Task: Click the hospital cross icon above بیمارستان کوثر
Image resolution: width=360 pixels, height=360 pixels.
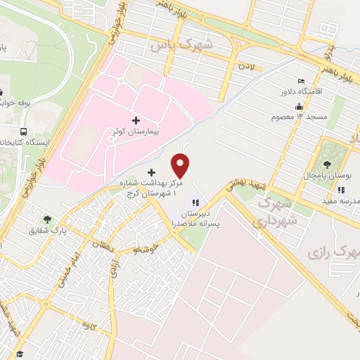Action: [136, 121]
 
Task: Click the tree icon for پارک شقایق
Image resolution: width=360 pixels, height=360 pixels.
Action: [47, 219]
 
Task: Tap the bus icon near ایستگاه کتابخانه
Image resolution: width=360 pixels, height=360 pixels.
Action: [25, 131]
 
